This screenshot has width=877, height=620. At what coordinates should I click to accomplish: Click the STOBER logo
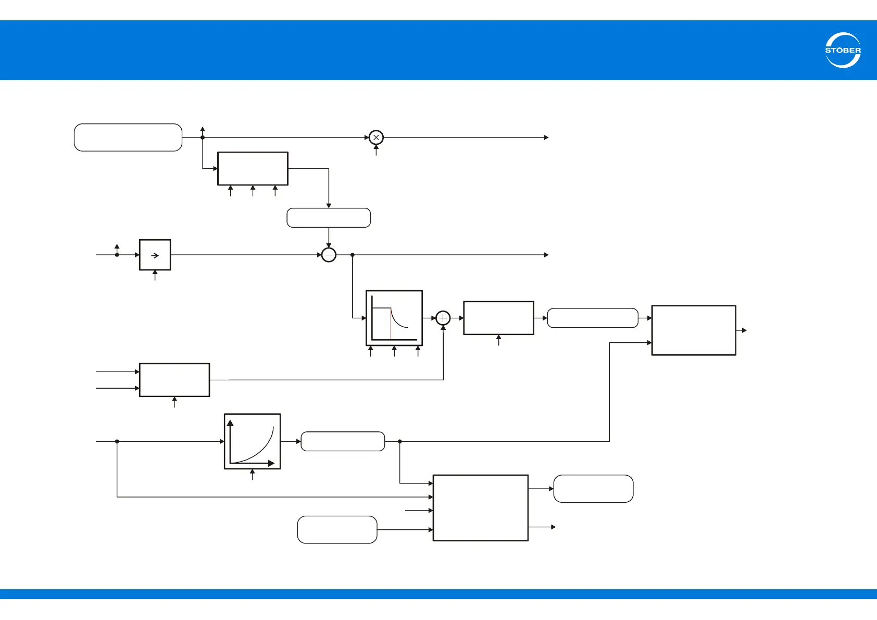click(843, 50)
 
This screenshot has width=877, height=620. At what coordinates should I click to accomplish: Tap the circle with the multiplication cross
click(376, 138)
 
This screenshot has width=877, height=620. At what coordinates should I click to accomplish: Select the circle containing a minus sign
click(329, 255)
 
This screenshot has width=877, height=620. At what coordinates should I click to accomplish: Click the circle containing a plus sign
click(443, 318)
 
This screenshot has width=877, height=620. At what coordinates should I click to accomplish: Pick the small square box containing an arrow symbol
click(155, 255)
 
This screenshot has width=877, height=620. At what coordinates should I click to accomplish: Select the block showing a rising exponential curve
click(252, 441)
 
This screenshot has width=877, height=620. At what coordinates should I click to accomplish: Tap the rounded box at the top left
click(128, 138)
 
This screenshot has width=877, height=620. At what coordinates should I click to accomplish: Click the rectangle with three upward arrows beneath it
click(253, 169)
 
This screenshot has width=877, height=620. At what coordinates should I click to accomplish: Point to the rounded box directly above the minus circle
click(329, 218)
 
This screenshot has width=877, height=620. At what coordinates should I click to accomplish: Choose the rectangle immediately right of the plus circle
click(498, 318)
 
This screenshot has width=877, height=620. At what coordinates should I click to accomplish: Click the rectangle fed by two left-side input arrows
click(174, 380)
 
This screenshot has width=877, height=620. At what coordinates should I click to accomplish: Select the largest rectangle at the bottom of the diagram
click(480, 507)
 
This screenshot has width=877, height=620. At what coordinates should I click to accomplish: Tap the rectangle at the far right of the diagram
click(694, 330)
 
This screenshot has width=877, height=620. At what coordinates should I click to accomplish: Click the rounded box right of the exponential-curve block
click(343, 441)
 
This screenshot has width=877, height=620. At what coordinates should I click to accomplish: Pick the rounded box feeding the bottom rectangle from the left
click(337, 530)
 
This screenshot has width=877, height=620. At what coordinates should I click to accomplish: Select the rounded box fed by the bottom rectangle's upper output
click(593, 489)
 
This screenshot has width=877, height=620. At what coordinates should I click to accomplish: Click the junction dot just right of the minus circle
click(353, 255)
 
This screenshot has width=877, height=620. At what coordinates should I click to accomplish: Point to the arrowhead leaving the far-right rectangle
click(744, 330)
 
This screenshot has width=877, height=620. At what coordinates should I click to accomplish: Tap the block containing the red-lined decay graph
click(394, 318)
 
